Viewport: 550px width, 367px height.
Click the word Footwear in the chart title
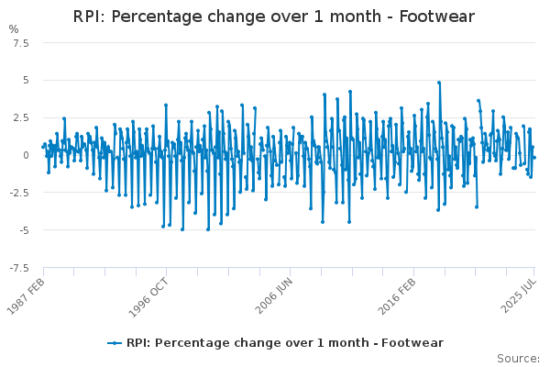(436, 17)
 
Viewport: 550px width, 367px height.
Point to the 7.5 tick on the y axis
(21, 43)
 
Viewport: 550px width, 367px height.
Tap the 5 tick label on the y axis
(26, 81)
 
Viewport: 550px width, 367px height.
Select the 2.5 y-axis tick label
(21, 117)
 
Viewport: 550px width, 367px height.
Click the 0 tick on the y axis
(26, 155)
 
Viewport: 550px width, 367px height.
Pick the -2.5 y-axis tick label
(19, 193)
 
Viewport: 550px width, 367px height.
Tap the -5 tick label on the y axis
(24, 230)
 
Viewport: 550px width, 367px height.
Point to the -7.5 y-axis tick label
(19, 268)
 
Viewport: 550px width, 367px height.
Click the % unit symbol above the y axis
(14, 29)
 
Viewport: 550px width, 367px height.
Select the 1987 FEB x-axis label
(26, 296)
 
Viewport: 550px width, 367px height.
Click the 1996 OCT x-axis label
(148, 298)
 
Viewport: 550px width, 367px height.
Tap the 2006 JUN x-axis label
(273, 295)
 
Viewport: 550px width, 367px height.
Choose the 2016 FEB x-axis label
(397, 296)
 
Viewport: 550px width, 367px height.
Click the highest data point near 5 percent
(439, 83)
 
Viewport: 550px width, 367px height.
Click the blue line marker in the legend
(115, 343)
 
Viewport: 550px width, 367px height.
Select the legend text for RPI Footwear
(285, 343)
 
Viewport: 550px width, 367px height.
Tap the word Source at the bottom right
(518, 359)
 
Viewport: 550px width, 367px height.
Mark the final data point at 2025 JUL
(534, 158)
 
